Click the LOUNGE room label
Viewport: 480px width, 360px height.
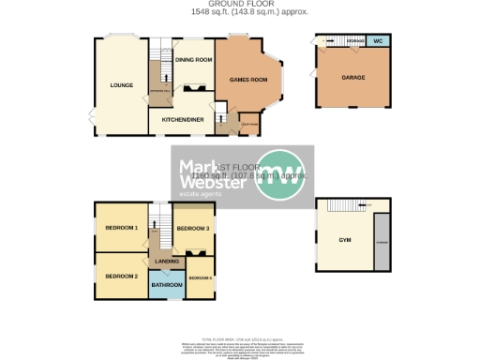click(120, 85)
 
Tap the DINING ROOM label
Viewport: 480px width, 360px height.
click(191, 60)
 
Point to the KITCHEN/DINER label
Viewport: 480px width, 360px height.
click(183, 120)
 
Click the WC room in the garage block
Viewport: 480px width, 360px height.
click(378, 42)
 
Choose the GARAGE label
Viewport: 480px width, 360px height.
click(352, 77)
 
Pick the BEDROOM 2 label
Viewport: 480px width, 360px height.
click(122, 276)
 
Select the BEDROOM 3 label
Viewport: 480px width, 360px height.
click(193, 228)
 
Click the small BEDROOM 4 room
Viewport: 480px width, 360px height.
click(200, 279)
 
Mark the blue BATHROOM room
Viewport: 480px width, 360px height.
click(167, 284)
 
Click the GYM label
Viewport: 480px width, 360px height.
click(344, 241)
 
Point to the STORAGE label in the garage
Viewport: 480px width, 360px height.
click(355, 42)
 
